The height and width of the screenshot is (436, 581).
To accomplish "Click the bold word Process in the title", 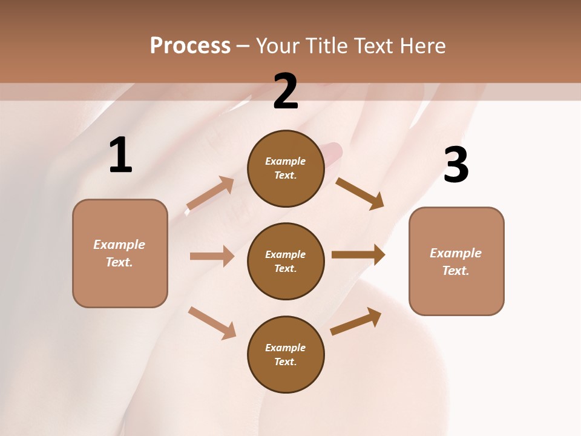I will pos(190,46).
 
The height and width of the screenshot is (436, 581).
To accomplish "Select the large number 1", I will pos(120,156).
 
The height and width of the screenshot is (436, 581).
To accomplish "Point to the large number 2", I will pos(286,91).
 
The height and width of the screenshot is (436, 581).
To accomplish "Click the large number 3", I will pos(456,165).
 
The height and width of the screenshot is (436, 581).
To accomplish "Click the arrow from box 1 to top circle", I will pos(210,194).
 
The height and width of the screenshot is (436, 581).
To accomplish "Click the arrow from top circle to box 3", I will pos(359,193).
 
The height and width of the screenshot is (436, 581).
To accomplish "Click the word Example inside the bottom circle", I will pos(285,348).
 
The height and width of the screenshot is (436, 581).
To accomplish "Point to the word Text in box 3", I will pos(455,271).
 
